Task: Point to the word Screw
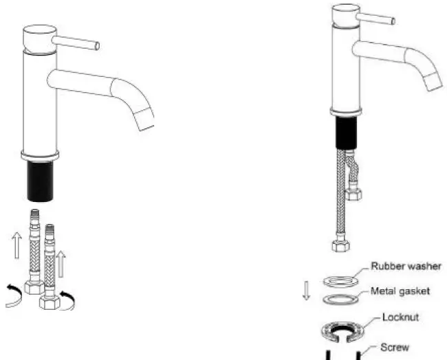point(395,348)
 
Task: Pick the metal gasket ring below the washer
point(342,300)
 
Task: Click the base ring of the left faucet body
point(41,155)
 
